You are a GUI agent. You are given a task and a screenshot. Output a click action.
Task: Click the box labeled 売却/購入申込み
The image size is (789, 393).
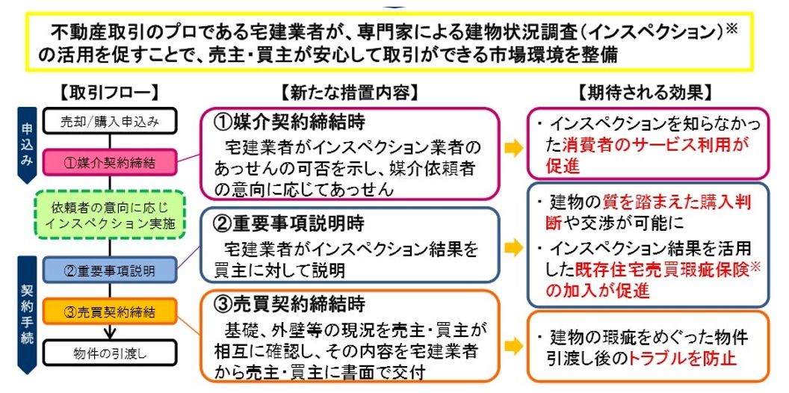click(x=110, y=121)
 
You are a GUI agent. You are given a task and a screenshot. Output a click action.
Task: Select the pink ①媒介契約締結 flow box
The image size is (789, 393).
click(x=110, y=162)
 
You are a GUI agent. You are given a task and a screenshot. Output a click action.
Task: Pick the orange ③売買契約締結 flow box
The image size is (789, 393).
click(x=110, y=311)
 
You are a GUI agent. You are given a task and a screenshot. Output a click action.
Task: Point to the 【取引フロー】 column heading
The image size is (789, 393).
click(x=109, y=93)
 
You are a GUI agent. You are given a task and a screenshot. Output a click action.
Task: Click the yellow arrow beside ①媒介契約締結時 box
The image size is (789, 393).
click(x=514, y=149)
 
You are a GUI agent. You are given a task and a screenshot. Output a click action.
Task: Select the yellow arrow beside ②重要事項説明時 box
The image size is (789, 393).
click(x=514, y=247)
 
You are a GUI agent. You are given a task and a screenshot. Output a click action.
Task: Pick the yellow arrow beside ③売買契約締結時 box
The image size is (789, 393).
click(x=514, y=345)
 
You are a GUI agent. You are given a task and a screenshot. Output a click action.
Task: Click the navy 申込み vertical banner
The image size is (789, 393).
click(x=27, y=144)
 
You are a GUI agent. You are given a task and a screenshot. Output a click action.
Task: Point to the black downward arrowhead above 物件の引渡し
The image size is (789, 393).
click(x=110, y=332)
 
